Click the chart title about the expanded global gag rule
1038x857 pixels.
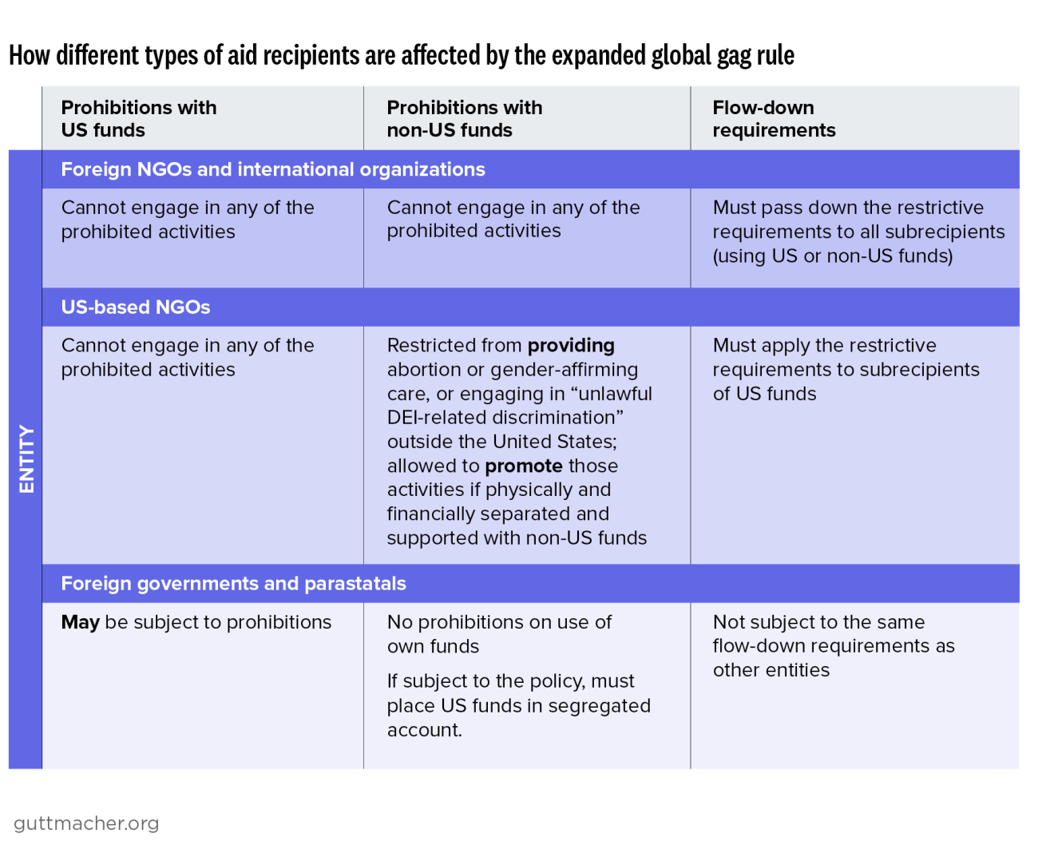[x=402, y=56]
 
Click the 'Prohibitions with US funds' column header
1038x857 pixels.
[x=138, y=119]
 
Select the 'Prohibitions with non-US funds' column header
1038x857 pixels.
[x=464, y=119]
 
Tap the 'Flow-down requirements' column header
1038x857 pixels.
[x=773, y=119]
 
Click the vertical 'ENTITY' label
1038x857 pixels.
[x=26, y=459]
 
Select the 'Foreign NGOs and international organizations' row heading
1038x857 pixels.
[x=273, y=169]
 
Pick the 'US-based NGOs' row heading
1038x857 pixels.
[x=136, y=307]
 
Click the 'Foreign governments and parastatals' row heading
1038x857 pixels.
[x=233, y=584]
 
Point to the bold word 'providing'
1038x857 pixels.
[x=571, y=346]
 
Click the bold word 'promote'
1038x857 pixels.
[x=523, y=466]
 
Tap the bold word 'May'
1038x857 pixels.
[x=80, y=622]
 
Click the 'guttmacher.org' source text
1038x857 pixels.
[x=86, y=823]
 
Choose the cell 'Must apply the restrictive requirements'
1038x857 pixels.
[x=845, y=369]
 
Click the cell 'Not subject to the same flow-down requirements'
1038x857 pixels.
[x=833, y=645]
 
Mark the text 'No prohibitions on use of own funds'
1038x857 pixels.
[x=499, y=634]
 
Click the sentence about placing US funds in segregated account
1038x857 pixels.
[x=518, y=705]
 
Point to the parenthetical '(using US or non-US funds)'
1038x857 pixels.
[x=832, y=256]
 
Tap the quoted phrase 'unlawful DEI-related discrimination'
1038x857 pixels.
[x=519, y=406]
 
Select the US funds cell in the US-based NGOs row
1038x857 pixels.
[x=188, y=358]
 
